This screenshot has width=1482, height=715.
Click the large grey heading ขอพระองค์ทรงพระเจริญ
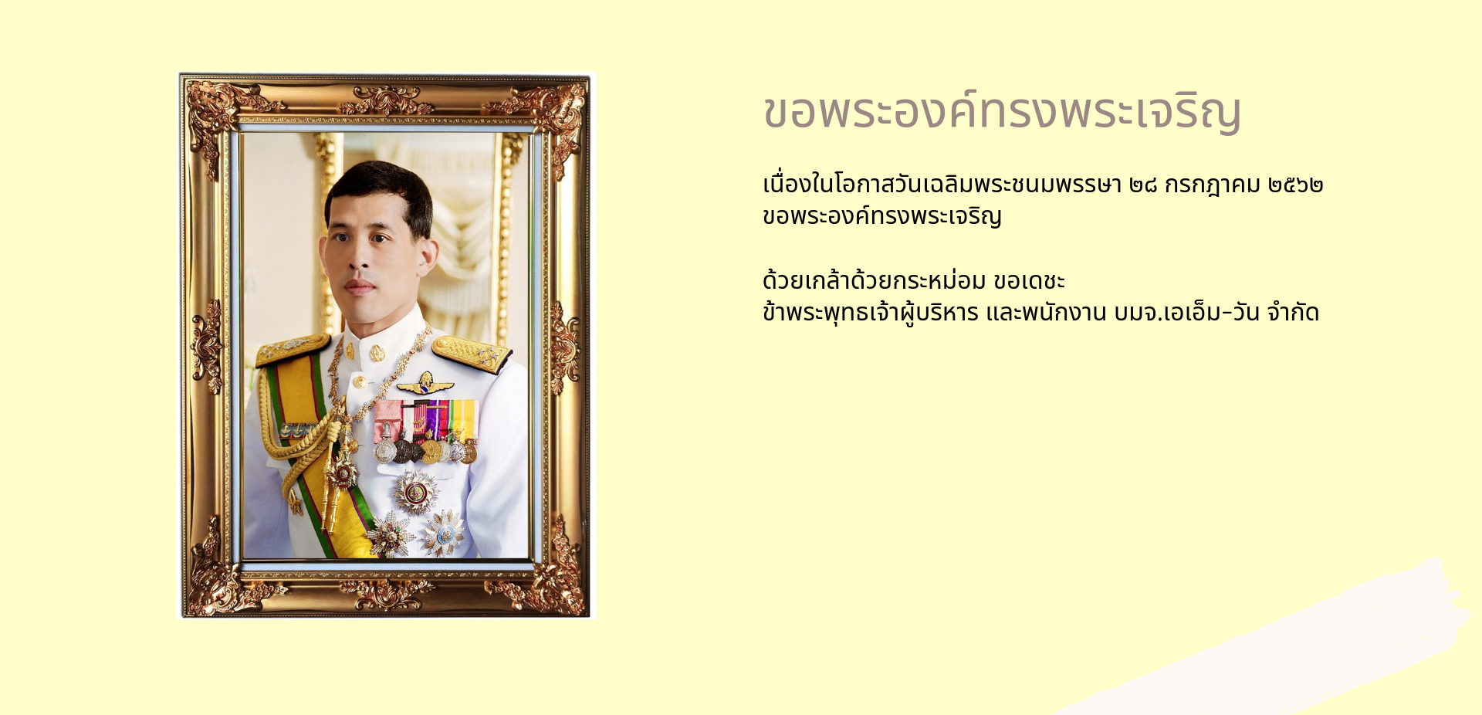click(1002, 112)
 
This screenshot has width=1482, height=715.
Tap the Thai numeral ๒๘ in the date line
click(1143, 185)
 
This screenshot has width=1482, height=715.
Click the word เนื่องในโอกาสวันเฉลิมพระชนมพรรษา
click(942, 185)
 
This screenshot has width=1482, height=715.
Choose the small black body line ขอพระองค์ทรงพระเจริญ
click(882, 216)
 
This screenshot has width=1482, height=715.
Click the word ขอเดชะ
click(1029, 281)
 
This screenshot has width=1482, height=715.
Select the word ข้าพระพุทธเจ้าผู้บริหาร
click(871, 313)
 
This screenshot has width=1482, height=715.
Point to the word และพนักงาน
click(1047, 313)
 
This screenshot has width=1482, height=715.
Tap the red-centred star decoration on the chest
click(415, 492)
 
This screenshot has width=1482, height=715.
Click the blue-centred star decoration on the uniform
click(444, 534)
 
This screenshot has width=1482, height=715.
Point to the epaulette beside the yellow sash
click(293, 349)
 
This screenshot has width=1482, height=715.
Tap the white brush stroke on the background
click(1266, 641)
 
